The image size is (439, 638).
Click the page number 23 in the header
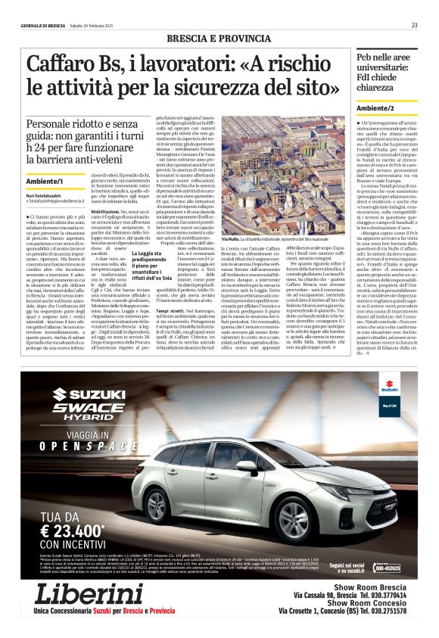414,25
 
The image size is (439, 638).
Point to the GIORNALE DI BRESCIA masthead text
45,25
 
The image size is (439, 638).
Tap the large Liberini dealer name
89,594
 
